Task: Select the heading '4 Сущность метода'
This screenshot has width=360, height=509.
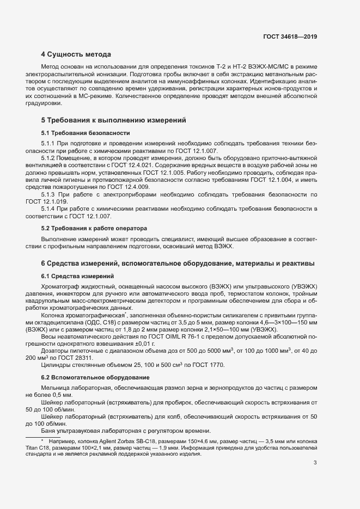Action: tap(76, 54)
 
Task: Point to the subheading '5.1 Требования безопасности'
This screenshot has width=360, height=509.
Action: tap(86, 133)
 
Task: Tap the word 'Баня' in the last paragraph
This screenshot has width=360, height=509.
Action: tap(49, 431)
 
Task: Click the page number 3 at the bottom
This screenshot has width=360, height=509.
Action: tap(315, 463)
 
